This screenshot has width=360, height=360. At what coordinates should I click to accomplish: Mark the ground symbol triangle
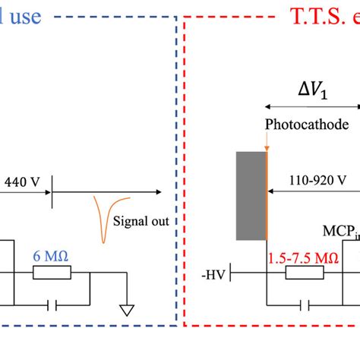pos(125,311)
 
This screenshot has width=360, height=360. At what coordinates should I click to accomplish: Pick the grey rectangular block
pos(251,195)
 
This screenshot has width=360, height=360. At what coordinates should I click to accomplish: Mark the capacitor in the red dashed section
pos(305,305)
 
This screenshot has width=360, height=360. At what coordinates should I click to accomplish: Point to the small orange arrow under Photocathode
pos(267,141)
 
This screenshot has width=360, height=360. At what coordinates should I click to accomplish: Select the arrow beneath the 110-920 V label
pos(314,193)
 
